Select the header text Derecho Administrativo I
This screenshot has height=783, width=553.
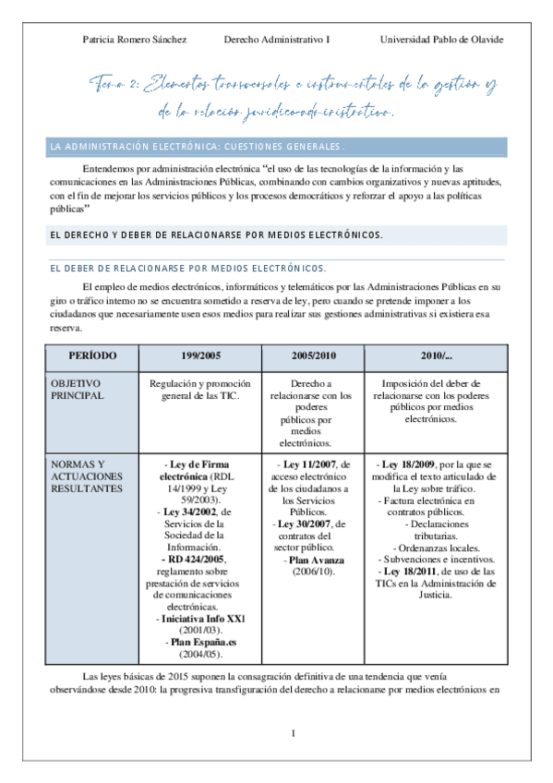pos(276,40)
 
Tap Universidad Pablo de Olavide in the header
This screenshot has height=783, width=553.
pos(441,40)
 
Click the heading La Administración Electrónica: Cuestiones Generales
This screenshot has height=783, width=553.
pos(198,146)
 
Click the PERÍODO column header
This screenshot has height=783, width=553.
pos(93,355)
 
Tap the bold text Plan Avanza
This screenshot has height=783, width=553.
pos(317,560)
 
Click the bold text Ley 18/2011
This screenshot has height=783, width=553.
pos(416,572)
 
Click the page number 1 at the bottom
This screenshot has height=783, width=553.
pos(293,734)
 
